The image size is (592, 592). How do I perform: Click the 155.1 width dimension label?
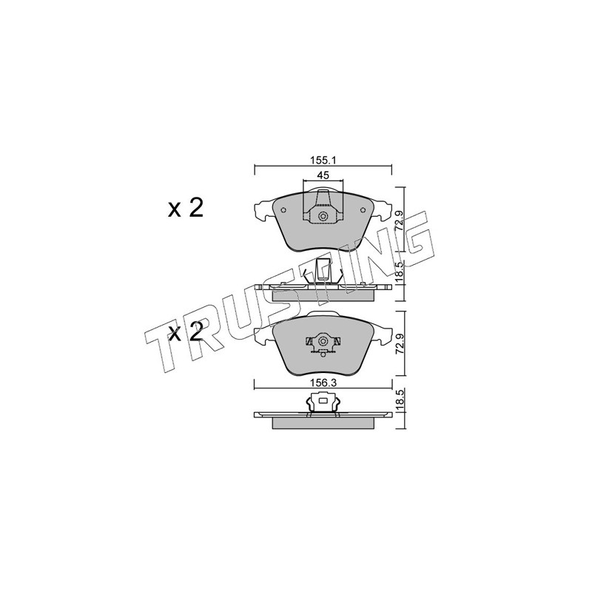323,160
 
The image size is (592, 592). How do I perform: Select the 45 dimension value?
323,175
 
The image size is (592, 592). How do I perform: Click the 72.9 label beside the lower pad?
399,343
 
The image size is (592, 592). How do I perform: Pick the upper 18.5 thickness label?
399,270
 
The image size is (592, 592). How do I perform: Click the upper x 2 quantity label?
186,208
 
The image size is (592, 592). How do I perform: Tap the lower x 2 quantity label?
186,332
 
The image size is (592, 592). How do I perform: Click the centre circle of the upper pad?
323,216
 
